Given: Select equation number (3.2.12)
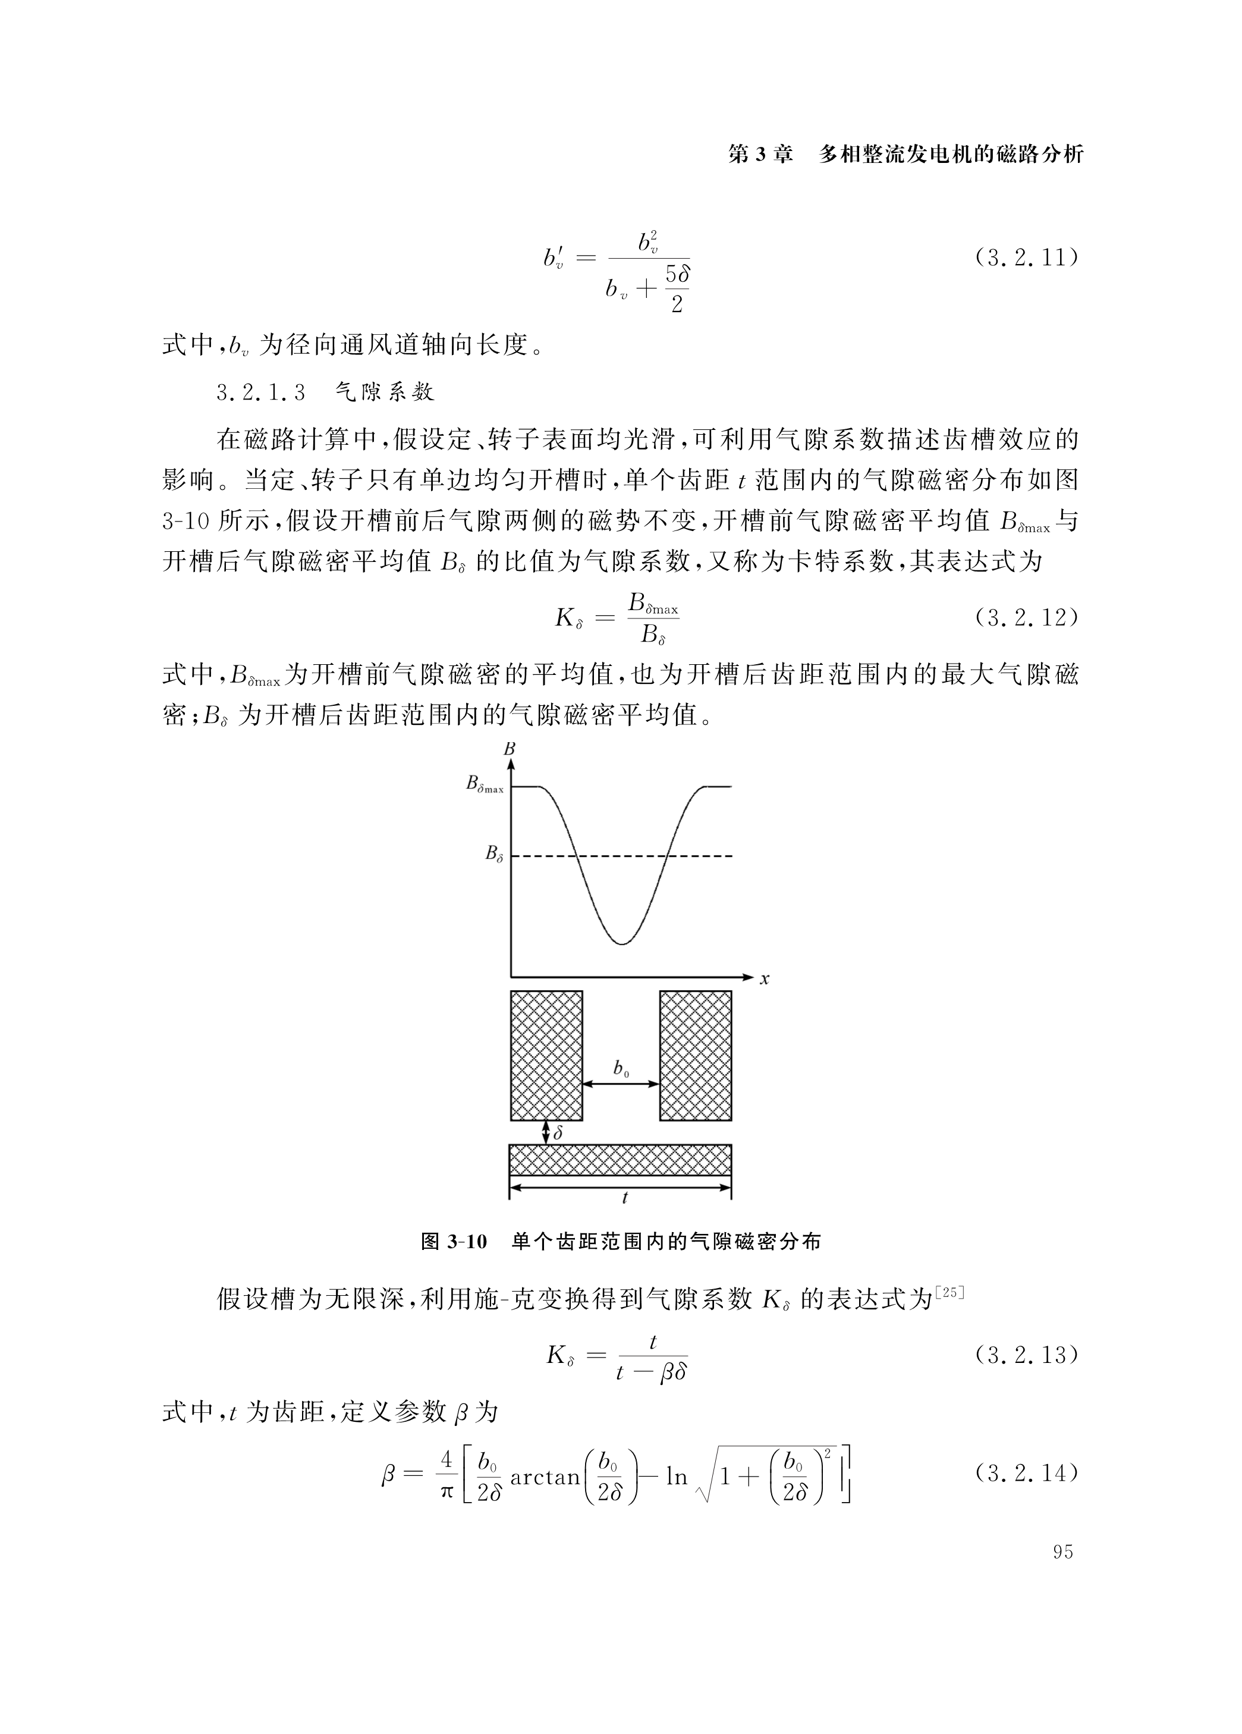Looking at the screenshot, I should pyautogui.click(x=1026, y=618).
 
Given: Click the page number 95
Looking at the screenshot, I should pyautogui.click(x=1062, y=1552).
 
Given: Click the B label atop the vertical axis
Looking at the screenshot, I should pyautogui.click(x=510, y=749).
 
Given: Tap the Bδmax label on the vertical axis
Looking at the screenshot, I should pyautogui.click(x=485, y=785).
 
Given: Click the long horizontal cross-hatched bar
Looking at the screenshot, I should pyautogui.click(x=621, y=1160).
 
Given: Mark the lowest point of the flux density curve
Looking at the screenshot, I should pyautogui.click(x=621, y=944).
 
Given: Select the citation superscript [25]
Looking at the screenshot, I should pyautogui.click(x=950, y=1293).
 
